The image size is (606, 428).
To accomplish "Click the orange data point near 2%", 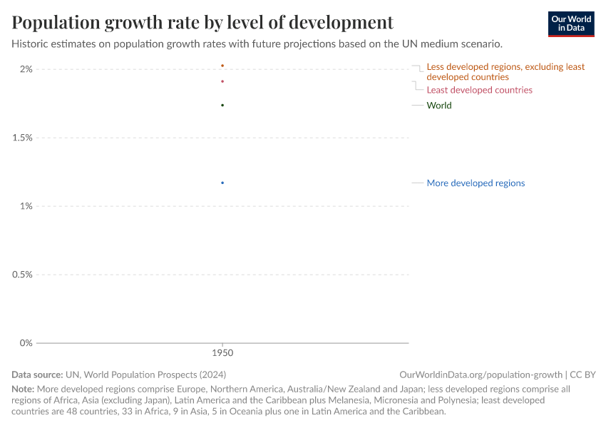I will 222,66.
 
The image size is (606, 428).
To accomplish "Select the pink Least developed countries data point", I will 222,81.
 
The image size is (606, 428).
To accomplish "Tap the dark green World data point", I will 222,106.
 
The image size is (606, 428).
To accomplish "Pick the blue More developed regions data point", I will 222,183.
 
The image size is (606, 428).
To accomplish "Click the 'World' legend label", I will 438,106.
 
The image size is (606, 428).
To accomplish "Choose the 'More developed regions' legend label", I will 476,183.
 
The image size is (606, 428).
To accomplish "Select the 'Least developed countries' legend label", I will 479,90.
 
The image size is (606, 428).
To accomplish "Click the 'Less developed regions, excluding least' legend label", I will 505,67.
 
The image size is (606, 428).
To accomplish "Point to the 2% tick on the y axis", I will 26,69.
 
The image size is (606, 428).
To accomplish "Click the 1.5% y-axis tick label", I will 22,138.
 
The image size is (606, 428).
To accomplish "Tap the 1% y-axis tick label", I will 26,206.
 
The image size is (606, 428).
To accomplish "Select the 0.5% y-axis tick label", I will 22,275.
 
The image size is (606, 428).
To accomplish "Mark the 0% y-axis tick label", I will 26,343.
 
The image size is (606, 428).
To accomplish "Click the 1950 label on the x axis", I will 222,353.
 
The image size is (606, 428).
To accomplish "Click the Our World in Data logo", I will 571,24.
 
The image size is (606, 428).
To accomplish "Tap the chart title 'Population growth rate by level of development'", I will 202,22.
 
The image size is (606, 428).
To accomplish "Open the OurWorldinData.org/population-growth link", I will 482,374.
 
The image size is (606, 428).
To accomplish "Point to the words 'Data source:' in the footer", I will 37,374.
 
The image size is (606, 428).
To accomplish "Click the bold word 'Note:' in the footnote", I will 24,389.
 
